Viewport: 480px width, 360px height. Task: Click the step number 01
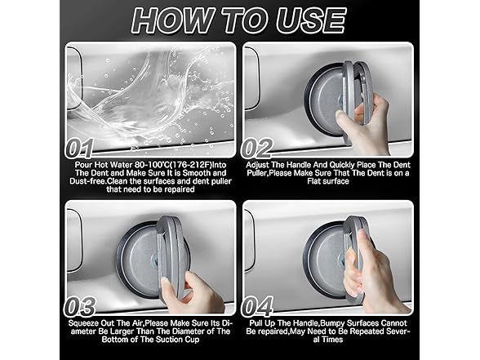coord(80,149)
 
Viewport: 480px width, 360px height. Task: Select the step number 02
coord(257,149)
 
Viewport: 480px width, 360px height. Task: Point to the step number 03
coord(80,306)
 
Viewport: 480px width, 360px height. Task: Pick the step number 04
coord(257,306)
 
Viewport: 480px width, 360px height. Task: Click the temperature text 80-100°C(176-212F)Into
coord(180,165)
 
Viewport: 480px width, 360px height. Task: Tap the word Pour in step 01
coord(83,165)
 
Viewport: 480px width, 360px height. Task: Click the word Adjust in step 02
coord(257,165)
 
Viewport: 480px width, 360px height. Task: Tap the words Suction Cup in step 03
coord(178,340)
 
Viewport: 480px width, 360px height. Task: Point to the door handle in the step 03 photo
coord(74,240)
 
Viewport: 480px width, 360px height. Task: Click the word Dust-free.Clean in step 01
coord(99,181)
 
